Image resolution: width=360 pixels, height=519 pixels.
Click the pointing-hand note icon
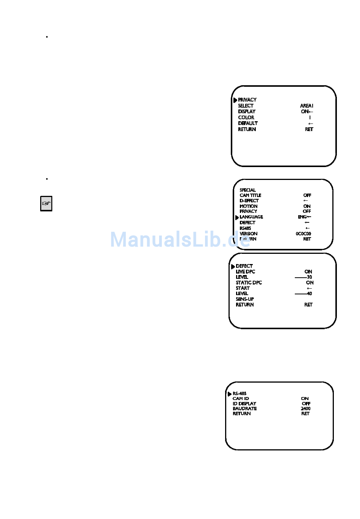46,203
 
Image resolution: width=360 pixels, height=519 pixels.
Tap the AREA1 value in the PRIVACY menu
307,106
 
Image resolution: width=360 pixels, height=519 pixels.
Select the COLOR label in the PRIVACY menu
246,117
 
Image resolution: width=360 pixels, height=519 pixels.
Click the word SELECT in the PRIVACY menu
246,106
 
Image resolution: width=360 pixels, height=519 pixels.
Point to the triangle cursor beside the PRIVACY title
235,100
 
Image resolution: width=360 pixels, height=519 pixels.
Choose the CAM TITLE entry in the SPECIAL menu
250,195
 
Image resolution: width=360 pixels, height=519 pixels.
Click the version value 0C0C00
303,234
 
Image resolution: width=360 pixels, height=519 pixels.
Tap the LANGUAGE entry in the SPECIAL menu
251,217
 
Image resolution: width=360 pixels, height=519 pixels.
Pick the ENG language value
302,217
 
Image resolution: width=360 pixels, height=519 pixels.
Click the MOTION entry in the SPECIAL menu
249,206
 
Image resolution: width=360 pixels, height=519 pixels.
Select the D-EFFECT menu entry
249,201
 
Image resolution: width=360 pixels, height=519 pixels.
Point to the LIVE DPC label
245,272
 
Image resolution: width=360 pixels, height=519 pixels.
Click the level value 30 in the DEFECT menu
309,277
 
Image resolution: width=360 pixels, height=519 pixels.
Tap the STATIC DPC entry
249,283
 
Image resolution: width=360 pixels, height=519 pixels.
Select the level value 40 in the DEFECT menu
309,294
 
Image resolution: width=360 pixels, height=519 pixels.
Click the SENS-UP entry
245,299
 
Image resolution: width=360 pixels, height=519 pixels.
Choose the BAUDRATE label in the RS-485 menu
244,409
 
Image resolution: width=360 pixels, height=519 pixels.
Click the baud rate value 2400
305,409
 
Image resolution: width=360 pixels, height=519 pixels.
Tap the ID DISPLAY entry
244,404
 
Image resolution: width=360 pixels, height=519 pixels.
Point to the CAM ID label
241,399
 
